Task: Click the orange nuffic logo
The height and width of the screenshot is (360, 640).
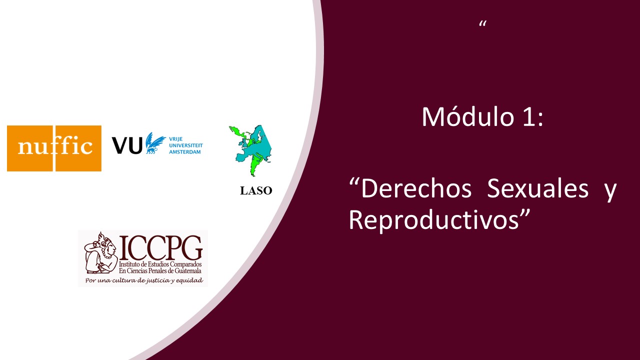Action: [54, 148]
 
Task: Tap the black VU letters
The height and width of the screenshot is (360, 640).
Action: [127, 145]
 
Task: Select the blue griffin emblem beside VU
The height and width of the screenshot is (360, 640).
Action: [155, 143]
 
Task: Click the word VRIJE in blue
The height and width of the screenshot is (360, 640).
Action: [175, 139]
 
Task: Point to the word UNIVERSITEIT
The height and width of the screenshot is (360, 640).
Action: [186, 145]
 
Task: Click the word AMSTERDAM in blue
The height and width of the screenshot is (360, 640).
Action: [185, 152]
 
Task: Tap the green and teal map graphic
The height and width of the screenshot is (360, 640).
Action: [250, 150]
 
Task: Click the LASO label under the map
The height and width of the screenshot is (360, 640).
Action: [256, 191]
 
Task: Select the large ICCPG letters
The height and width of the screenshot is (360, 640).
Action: [160, 247]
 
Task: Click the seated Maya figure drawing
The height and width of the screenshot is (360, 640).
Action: [101, 253]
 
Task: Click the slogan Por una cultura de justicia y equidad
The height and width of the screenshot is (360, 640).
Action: [144, 280]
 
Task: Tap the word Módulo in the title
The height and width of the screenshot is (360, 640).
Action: [468, 116]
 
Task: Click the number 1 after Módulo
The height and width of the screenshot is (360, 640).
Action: [528, 117]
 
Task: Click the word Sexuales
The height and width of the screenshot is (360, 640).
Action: [537, 188]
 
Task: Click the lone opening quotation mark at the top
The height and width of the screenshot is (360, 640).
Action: [483, 23]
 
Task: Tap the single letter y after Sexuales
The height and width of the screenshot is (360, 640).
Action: [610, 191]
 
